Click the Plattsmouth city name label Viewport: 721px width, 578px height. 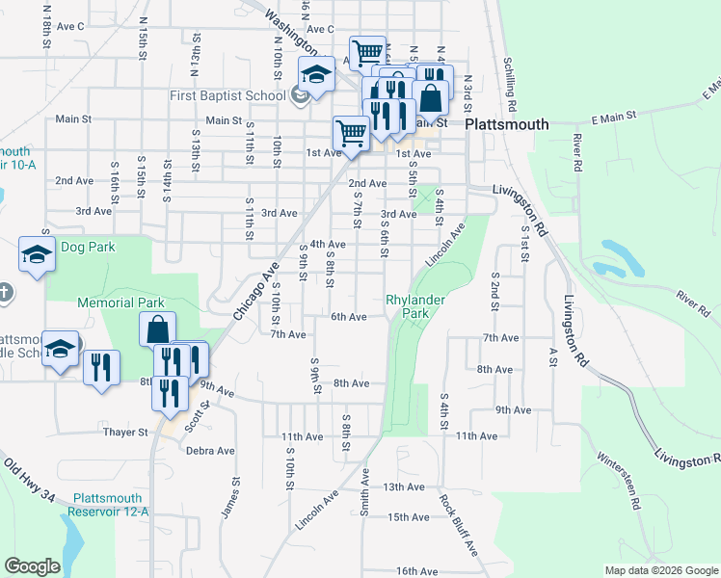tap(507, 124)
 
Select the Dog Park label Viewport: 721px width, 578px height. tap(88, 247)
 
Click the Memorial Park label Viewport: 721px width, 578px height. tap(120, 302)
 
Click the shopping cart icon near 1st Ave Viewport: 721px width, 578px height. tap(351, 134)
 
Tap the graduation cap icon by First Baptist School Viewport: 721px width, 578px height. tap(315, 73)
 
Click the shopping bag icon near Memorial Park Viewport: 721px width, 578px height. tap(157, 328)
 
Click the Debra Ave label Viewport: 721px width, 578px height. tap(210, 450)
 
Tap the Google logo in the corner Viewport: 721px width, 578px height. tap(32, 566)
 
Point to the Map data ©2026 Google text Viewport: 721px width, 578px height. tap(660, 570)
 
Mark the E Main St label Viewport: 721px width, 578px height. tap(615, 117)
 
